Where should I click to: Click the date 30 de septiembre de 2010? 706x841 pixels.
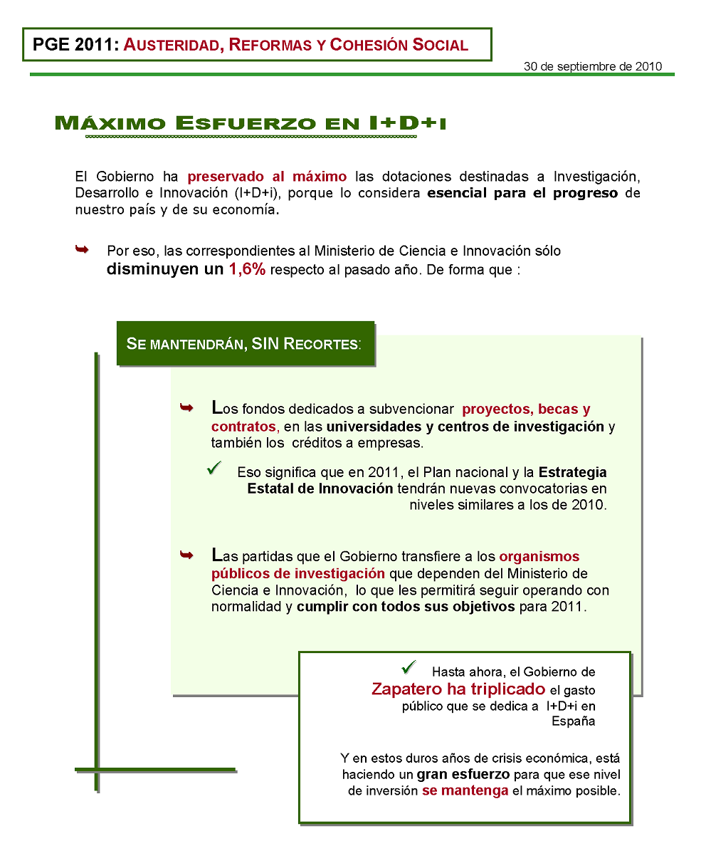coord(593,66)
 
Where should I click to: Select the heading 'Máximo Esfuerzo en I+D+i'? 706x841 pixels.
coord(250,122)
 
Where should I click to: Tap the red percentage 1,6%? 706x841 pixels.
coord(247,270)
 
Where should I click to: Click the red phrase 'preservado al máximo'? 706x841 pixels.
coord(267,177)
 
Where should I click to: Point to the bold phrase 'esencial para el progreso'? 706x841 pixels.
coord(522,193)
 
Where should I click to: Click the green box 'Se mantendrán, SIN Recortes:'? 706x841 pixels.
coord(245,343)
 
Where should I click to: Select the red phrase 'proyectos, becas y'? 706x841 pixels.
coord(526,409)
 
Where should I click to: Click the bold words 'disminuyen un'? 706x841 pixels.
coord(165,270)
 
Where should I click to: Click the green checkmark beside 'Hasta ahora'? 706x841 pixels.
coord(409,667)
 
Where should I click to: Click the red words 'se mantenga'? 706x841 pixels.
coord(465,791)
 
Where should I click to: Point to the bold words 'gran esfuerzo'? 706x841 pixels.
coord(463,775)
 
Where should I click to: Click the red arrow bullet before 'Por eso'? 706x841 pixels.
coord(82,249)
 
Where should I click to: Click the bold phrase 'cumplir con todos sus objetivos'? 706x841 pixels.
coord(406,607)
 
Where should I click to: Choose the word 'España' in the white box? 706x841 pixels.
coord(574,721)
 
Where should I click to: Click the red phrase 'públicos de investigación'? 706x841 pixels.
coord(298,573)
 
